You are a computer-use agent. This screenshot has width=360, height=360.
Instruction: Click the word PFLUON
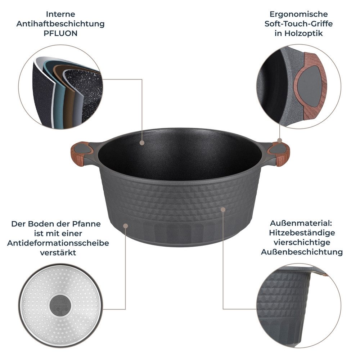tap(60, 33)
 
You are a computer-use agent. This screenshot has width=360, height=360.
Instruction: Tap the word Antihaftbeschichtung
tap(60, 24)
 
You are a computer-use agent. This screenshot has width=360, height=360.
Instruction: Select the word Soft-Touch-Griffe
tap(298, 24)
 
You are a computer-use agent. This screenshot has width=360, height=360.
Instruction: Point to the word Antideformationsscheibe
tap(58, 243)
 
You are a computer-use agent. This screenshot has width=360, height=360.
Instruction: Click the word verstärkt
tap(58, 252)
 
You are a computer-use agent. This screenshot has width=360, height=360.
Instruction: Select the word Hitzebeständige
tap(302, 233)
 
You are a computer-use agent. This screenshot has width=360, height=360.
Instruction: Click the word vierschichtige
tap(302, 242)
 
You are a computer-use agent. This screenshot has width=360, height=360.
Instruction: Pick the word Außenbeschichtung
tap(302, 252)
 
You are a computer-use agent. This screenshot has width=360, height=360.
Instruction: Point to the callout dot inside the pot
tap(142, 143)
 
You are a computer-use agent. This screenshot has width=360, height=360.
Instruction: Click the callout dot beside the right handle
tap(279, 140)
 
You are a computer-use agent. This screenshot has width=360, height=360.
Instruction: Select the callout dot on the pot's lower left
tap(125, 226)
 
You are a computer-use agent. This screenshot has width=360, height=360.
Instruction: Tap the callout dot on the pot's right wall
tap(223, 209)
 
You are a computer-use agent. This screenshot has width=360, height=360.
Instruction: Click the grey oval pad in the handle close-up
tap(310, 86)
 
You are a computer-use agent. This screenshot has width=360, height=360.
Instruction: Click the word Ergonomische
tap(298, 14)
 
